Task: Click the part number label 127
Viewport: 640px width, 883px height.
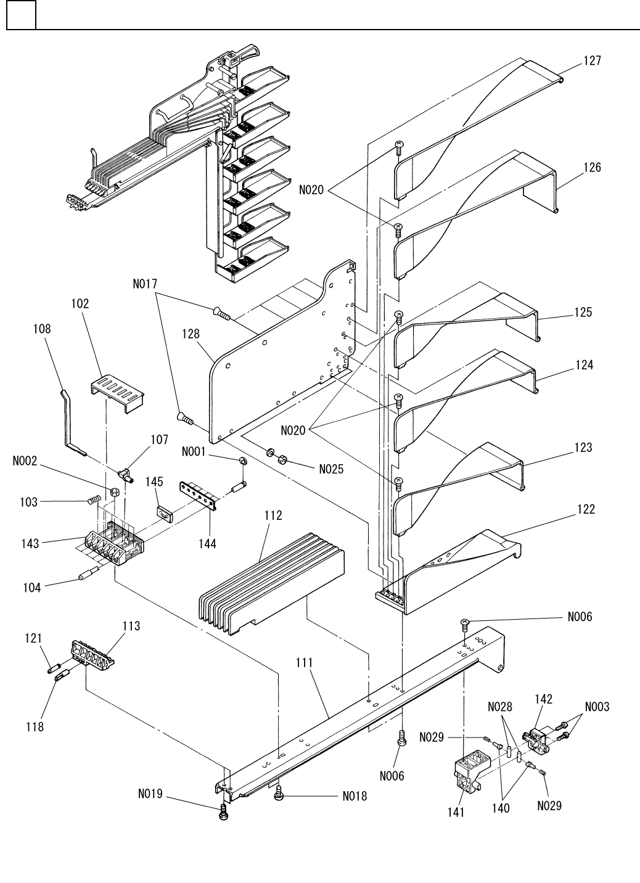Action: (x=592, y=61)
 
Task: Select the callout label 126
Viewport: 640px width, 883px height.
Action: (x=592, y=167)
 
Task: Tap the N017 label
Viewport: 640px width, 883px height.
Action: (x=145, y=284)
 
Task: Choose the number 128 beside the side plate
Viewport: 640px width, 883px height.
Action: (x=191, y=334)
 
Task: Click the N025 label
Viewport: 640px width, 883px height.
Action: (x=331, y=469)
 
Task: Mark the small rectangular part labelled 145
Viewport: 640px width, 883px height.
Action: (x=163, y=513)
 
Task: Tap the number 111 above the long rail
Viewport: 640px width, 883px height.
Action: (x=304, y=663)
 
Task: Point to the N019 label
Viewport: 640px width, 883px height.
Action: (x=150, y=794)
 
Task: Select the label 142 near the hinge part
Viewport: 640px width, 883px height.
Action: (x=543, y=699)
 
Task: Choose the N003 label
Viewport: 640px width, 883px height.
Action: (x=597, y=707)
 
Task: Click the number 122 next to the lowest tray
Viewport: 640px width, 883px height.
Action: (x=586, y=509)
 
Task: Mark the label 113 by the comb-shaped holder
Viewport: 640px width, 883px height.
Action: (x=131, y=626)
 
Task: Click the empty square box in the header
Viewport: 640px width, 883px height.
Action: (x=21, y=14)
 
